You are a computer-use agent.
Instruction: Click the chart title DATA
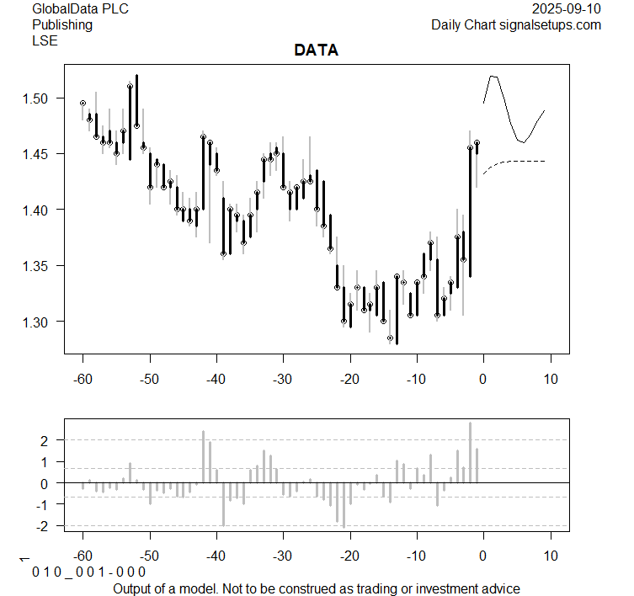316,51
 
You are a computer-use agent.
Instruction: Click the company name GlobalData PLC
75,9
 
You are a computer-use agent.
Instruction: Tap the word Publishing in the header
62,25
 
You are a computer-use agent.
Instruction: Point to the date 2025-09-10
567,9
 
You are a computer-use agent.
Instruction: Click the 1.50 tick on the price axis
39,98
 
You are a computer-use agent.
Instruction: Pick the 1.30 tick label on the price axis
39,322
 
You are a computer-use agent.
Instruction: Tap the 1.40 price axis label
39,210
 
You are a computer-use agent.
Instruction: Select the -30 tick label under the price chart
283,379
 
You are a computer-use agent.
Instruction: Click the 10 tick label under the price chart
550,379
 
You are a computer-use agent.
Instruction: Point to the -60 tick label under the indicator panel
83,556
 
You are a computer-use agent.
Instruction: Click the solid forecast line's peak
493,77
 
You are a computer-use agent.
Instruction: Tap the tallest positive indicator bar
470,453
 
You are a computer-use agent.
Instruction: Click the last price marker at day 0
477,143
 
